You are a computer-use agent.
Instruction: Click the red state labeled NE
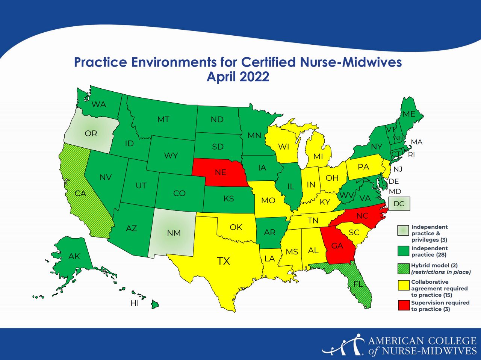(x=221, y=172)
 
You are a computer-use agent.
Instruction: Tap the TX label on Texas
(x=224, y=261)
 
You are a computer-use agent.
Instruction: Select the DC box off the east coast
(x=399, y=204)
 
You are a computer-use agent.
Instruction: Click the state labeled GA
(x=337, y=246)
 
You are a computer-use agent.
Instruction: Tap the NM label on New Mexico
(x=174, y=233)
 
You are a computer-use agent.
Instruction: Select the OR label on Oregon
(x=91, y=133)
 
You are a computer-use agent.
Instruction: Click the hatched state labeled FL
(x=358, y=284)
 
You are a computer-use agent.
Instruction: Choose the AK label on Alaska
(x=74, y=256)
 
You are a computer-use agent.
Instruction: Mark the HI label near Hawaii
(x=135, y=303)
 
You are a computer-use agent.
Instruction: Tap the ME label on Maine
(x=409, y=114)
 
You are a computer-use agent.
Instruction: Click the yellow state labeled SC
(x=354, y=233)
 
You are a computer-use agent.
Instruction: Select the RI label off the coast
(x=411, y=154)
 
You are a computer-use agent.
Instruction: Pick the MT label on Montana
(x=163, y=119)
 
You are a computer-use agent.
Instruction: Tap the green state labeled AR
(x=269, y=232)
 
